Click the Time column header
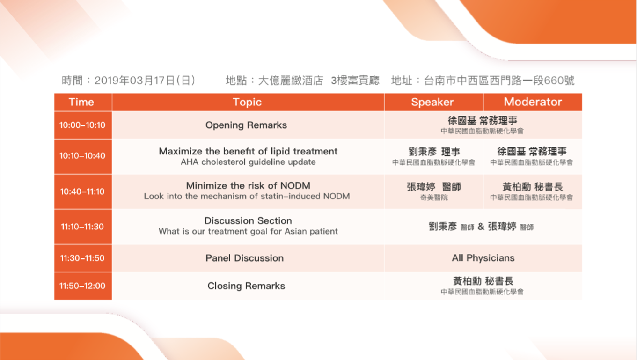tap(81, 102)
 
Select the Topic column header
tap(247, 102)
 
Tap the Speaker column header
tap(432, 102)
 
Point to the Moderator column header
tap(533, 102)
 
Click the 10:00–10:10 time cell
tap(82, 125)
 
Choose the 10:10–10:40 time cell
tap(82, 156)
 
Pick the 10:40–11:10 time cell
tap(82, 191)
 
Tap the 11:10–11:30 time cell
tap(82, 227)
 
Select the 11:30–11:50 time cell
tap(82, 258)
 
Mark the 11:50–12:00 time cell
tap(82, 286)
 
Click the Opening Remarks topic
tap(246, 125)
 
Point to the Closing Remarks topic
tap(246, 286)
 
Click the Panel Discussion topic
tap(245, 258)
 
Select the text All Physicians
tap(483, 258)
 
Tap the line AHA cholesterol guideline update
tap(248, 162)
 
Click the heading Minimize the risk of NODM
tap(248, 186)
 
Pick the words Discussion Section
tap(248, 220)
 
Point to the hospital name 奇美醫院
tap(434, 198)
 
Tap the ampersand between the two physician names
tap(481, 227)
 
